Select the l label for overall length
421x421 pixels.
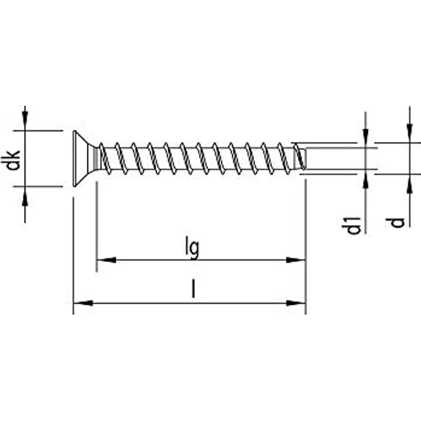pyautogui.click(x=193, y=291)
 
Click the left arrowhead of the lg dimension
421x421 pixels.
pyautogui.click(x=106, y=260)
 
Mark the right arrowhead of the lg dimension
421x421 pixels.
pyautogui.click(x=296, y=260)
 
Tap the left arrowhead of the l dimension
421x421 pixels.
pyautogui.click(x=83, y=303)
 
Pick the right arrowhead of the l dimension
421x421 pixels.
pyautogui.click(x=296, y=303)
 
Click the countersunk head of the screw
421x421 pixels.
pyautogui.click(x=83, y=158)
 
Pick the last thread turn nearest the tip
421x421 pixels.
pyautogui.click(x=297, y=158)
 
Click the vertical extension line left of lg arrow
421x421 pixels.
pyautogui.click(x=97, y=229)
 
